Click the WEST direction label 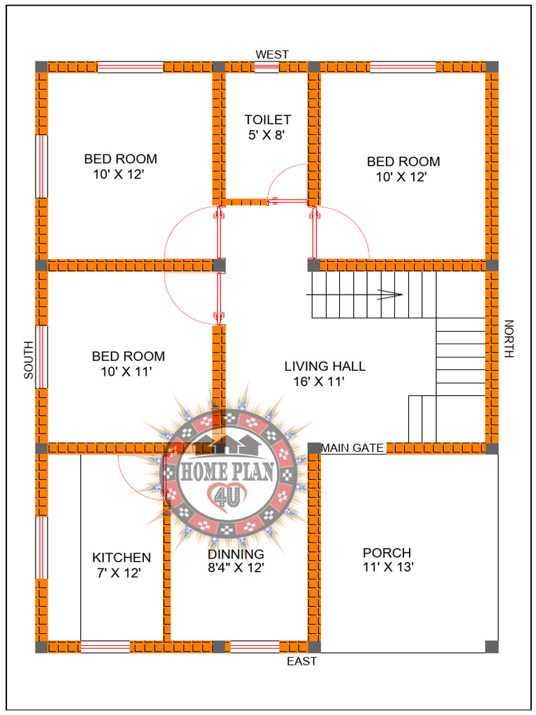coord(272,54)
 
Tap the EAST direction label coord(301,661)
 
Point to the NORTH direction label coord(509,339)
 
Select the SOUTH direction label coord(29,360)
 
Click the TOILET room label coord(267,120)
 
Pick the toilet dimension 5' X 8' coord(267,135)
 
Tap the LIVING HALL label coord(325,366)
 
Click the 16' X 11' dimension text coord(319,381)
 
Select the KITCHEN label coord(121,557)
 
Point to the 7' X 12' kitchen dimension coord(119,573)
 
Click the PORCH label coord(387,552)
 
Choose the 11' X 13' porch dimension coord(388,568)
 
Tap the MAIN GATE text coord(352,448)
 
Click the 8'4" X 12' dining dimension coord(235,568)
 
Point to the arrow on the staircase coord(391,295)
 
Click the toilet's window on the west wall coord(267,67)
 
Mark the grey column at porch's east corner coord(493,647)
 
